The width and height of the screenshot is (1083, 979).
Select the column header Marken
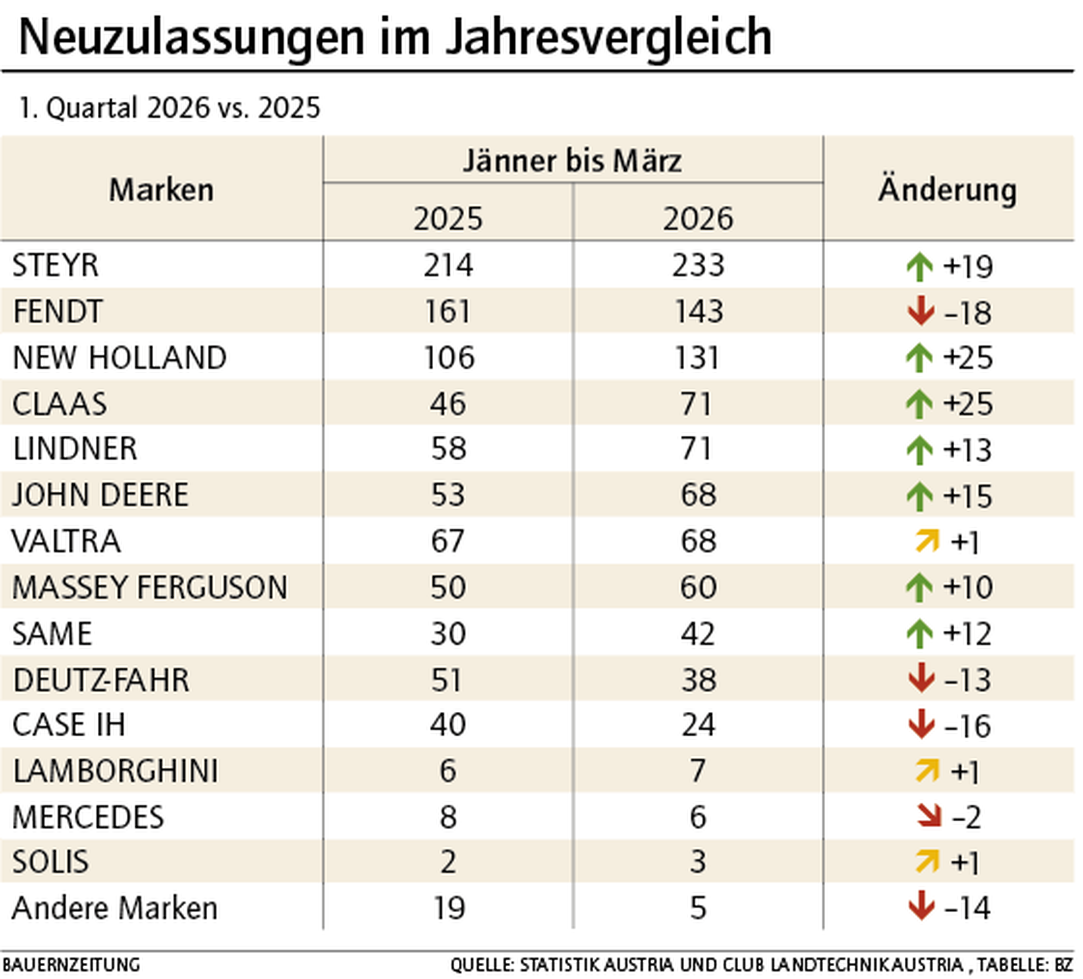(161, 190)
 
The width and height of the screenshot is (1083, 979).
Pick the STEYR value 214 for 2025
(448, 266)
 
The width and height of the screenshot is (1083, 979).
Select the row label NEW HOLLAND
(119, 358)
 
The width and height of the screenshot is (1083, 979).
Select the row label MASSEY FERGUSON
(149, 587)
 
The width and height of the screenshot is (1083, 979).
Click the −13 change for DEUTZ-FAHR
(967, 680)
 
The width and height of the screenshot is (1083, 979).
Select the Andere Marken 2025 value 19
(448, 908)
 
